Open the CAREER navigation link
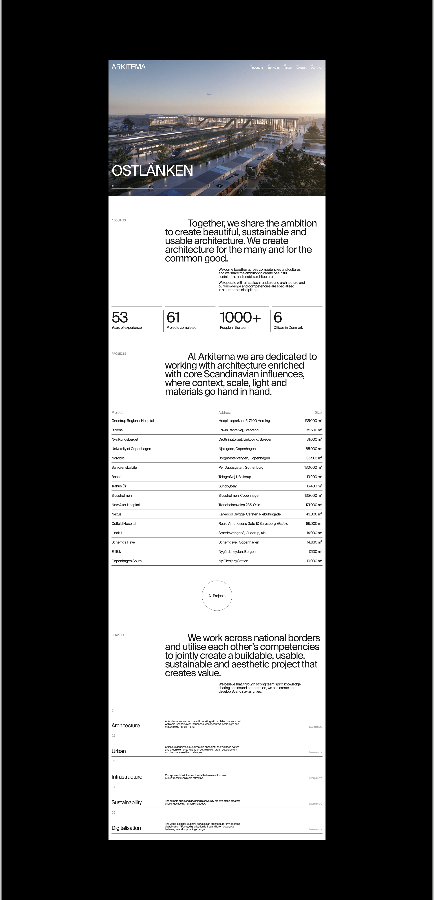pos(301,67)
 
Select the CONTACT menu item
pos(316,67)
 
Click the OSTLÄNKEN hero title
pos(152,170)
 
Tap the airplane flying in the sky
pos(209,94)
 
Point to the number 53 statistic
pos(120,317)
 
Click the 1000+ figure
pos(240,317)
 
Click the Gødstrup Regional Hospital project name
pos(133,421)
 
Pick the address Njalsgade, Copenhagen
pos(237,449)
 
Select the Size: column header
pos(318,413)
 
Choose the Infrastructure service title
pos(127,777)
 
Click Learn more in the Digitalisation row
pos(315,829)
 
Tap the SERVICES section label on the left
pos(118,635)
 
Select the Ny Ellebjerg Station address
pos(233,561)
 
